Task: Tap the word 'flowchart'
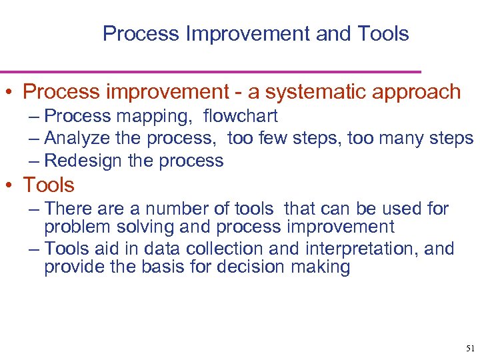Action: tap(240, 116)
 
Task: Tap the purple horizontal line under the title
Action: tap(211, 71)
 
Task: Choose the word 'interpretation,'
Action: tap(360, 249)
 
